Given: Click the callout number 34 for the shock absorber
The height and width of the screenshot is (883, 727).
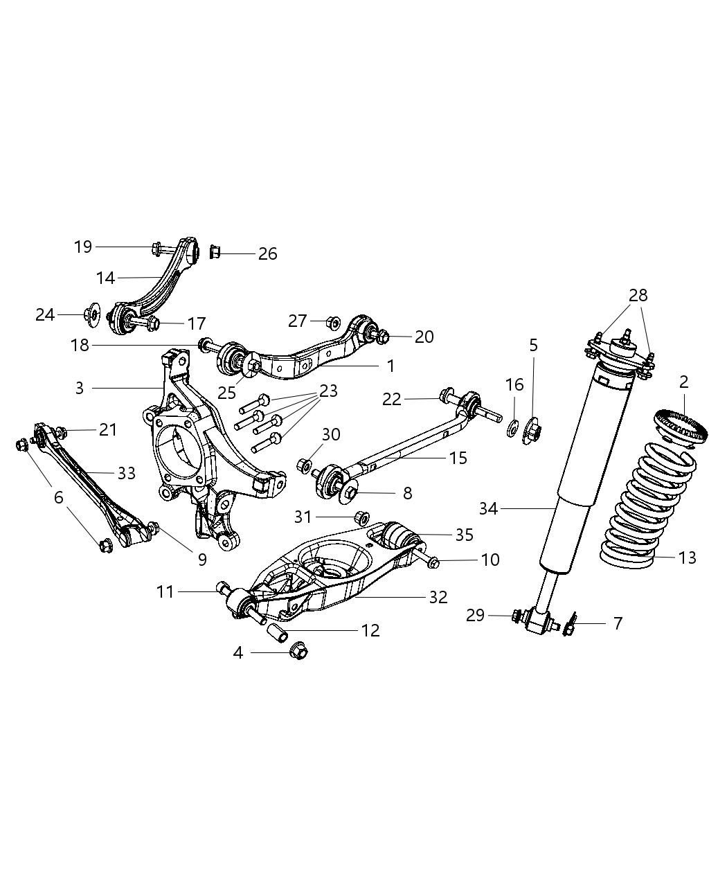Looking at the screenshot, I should point(488,509).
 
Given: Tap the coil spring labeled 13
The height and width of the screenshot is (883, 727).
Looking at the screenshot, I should point(640,506).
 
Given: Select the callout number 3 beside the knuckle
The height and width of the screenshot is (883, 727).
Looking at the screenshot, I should point(80,388).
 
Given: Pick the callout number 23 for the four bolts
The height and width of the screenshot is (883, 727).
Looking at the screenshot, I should point(327,391).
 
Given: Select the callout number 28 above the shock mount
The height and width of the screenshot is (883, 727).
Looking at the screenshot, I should point(638,295).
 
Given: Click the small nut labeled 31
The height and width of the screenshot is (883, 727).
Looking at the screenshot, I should point(361,517).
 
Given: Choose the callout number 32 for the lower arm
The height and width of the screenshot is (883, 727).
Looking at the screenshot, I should point(438,597).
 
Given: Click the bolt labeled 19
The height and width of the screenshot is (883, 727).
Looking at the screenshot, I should point(157,247).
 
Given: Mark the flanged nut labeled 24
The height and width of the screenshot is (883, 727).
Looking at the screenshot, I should point(91,315).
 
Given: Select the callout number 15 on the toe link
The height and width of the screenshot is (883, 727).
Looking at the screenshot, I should point(458,458).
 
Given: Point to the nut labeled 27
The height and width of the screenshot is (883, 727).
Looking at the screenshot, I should point(332,321).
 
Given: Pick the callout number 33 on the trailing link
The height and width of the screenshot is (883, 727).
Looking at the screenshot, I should point(126,473).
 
